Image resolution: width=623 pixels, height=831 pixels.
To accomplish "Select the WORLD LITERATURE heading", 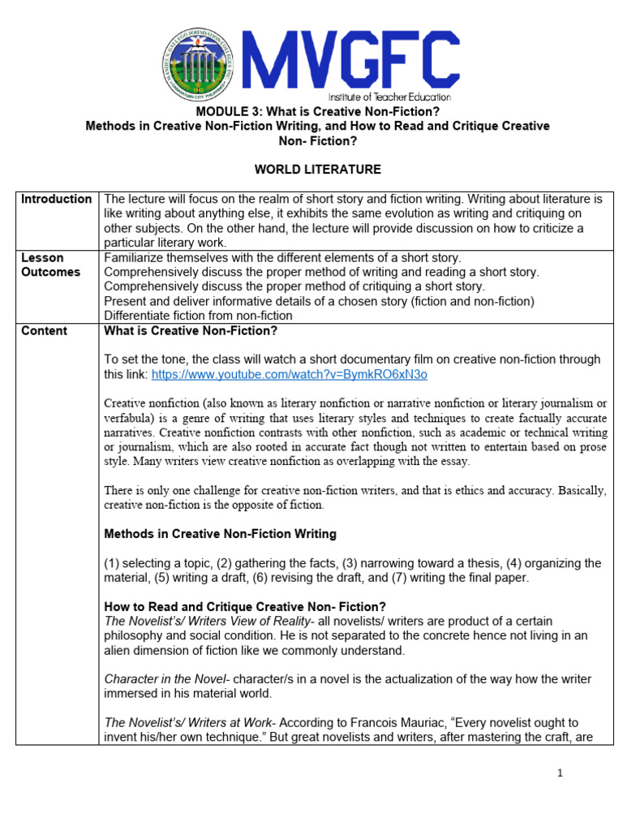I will [306, 170].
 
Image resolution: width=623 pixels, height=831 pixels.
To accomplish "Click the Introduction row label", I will [56, 199].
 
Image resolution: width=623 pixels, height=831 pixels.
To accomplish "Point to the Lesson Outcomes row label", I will [50, 265].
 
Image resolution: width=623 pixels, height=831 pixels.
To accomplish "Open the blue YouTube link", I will [289, 375].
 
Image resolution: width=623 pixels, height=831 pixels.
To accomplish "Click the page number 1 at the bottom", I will [560, 773].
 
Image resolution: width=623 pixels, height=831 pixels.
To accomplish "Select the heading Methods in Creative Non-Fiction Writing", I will [221, 534].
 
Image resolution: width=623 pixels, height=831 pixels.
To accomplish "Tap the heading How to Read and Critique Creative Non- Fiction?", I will [245, 607].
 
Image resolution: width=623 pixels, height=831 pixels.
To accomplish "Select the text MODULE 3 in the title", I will [225, 111].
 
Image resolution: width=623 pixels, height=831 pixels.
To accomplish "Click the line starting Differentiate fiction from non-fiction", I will [198, 316].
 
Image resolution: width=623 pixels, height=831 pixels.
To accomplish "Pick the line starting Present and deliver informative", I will [319, 301].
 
